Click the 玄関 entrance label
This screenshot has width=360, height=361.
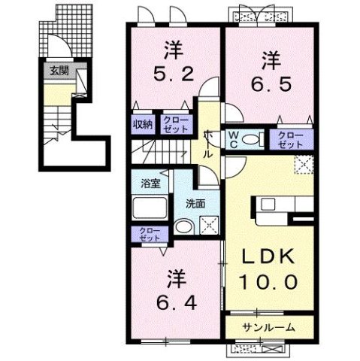[58, 71]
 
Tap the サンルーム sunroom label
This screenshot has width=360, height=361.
[268, 327]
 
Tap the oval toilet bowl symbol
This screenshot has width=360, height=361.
[253, 138]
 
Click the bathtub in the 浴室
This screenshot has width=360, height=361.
[151, 209]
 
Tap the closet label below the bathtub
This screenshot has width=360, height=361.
[145, 235]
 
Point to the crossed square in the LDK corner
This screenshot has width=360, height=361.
[304, 163]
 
